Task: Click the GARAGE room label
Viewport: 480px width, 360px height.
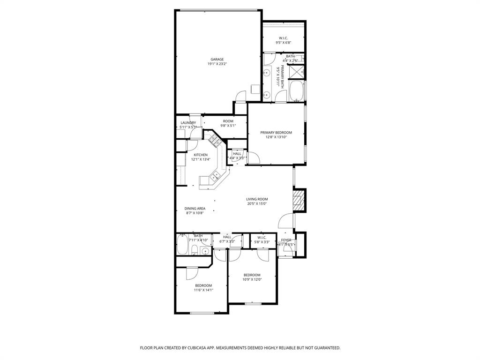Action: [217, 60]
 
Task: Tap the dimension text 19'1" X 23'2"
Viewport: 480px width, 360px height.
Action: [217, 64]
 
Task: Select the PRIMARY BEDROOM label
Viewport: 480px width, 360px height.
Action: [276, 133]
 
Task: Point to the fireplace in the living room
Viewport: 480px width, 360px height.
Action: [299, 201]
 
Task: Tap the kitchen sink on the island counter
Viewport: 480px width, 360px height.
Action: [216, 176]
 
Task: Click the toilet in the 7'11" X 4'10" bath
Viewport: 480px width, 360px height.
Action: [205, 251]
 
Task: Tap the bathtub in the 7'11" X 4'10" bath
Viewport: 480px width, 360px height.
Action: [182, 245]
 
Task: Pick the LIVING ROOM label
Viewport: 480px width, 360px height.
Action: [257, 199]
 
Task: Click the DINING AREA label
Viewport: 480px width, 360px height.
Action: [195, 209]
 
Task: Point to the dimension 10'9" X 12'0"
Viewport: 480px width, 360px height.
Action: [252, 280]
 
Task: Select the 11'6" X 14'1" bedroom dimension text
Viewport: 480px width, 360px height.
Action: [203, 290]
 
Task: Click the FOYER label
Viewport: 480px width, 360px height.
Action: [286, 240]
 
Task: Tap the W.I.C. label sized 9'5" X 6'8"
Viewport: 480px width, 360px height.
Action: [283, 38]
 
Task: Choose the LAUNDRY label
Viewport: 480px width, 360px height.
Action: [188, 123]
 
